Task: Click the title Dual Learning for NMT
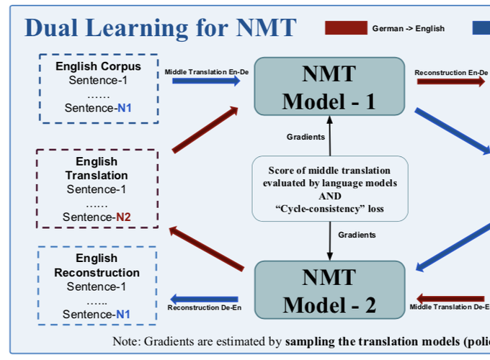[160, 27]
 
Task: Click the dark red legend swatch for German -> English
[346, 28]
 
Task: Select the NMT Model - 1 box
[329, 86]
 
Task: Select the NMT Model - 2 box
[329, 290]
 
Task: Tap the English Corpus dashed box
[98, 88]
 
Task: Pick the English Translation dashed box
[97, 189]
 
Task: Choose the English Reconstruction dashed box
[97, 286]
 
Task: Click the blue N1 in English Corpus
[125, 109]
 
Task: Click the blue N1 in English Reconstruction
[123, 314]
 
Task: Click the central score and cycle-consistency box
[329, 189]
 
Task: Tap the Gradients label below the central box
[357, 235]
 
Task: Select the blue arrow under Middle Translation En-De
[206, 81]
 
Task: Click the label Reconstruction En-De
[451, 72]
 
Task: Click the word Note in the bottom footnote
[126, 341]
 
